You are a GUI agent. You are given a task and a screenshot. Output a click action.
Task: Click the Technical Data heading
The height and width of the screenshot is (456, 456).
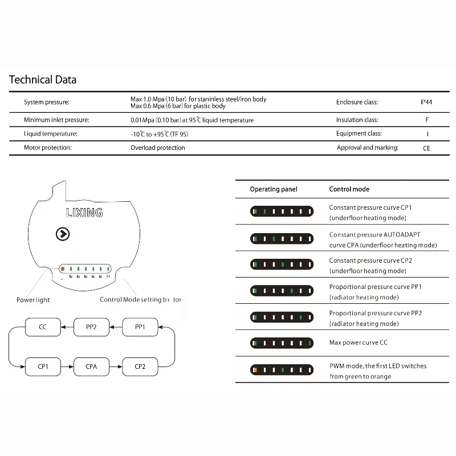(x=43, y=80)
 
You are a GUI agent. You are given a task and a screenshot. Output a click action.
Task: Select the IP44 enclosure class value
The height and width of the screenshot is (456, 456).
(x=426, y=103)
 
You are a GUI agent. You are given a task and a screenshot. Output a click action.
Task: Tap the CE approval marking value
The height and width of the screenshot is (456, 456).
(x=426, y=148)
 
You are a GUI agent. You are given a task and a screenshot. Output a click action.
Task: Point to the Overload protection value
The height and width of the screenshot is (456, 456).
(x=158, y=148)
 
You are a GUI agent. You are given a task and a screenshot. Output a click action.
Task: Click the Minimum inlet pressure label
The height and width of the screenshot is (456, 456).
(x=56, y=120)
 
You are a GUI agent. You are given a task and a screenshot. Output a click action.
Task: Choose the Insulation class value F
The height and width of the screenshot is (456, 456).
(x=426, y=120)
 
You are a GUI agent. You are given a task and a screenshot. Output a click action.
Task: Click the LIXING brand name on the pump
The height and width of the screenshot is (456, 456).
(x=84, y=213)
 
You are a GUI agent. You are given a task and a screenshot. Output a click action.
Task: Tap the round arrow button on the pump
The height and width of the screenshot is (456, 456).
(x=63, y=234)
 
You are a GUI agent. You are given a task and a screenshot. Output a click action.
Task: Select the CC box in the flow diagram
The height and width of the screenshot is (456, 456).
(x=43, y=327)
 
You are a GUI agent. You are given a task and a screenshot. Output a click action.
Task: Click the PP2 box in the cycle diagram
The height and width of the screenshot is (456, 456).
(x=91, y=327)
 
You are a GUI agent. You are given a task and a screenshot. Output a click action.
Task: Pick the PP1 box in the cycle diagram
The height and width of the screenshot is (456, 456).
(x=140, y=327)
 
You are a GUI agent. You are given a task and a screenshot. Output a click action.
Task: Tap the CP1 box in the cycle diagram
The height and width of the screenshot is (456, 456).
(x=43, y=367)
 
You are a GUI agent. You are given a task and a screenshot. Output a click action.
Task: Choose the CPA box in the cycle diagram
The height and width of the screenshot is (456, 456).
(x=91, y=367)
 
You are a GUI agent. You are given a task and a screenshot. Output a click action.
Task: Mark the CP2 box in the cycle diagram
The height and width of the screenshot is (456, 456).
(x=140, y=367)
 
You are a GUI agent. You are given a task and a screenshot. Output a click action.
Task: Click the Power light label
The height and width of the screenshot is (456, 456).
(x=33, y=300)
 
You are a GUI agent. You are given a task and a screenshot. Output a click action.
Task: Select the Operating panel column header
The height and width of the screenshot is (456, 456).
(x=273, y=189)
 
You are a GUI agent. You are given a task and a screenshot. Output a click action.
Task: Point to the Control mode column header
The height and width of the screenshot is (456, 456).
(x=349, y=189)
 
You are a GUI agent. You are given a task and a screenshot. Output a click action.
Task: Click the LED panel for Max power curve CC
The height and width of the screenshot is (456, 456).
(x=282, y=343)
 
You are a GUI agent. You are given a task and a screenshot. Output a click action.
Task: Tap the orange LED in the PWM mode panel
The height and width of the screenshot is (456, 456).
(x=255, y=370)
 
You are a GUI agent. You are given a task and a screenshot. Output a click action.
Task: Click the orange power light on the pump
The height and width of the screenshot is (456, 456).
(x=63, y=268)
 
